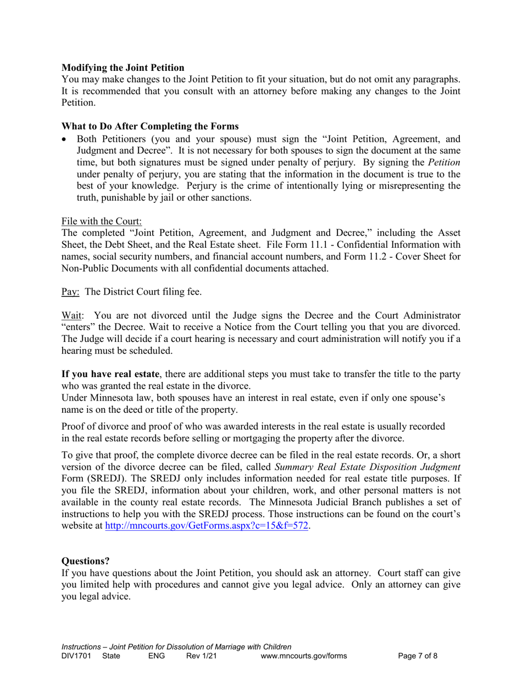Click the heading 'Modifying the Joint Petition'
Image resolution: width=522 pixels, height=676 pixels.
(123, 68)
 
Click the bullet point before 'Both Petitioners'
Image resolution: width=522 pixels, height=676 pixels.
(65, 140)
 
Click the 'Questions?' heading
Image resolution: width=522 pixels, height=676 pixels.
(85, 561)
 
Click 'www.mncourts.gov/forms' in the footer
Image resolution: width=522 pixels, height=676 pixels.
(303, 656)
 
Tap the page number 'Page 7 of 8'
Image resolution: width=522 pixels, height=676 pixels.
(418, 656)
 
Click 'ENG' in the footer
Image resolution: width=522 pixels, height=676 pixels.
(157, 656)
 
